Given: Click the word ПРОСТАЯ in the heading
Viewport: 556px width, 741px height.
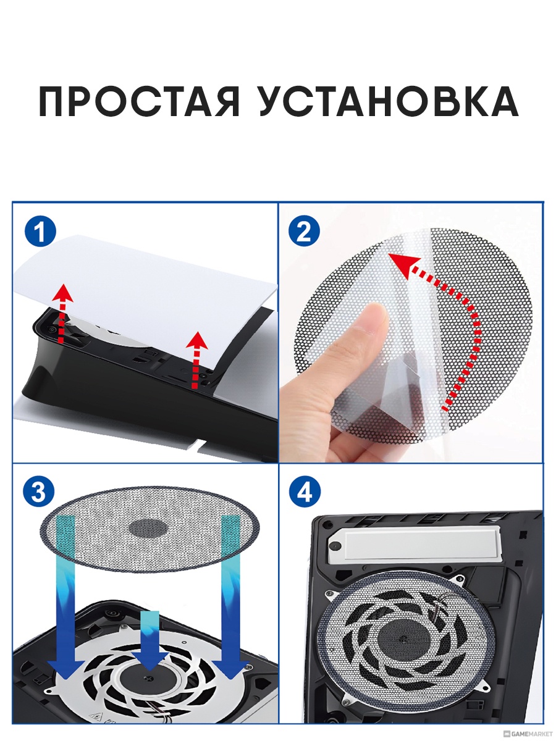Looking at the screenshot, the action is click(139, 101).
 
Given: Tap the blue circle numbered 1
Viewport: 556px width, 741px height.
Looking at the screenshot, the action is click(40, 231).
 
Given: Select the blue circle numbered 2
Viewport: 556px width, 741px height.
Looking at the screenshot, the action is click(304, 231).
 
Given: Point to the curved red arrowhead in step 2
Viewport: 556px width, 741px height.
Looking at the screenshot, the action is click(403, 266).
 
